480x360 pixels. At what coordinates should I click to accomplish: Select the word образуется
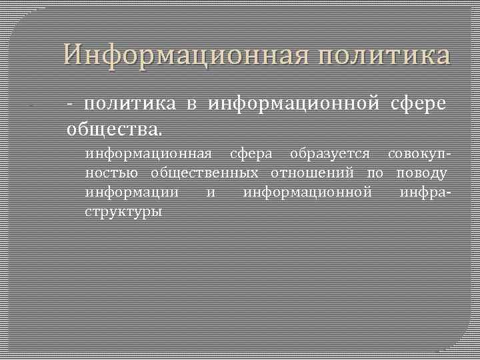point(329,154)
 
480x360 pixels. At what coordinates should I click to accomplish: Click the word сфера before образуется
point(251,154)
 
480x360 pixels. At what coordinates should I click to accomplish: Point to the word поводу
point(421,173)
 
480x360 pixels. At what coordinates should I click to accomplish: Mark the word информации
point(132,193)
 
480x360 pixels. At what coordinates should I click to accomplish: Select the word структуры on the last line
point(123,212)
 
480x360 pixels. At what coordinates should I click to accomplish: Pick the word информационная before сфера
point(149,154)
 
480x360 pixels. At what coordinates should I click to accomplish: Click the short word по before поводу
point(375,173)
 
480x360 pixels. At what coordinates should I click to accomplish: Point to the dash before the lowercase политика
point(71,104)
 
